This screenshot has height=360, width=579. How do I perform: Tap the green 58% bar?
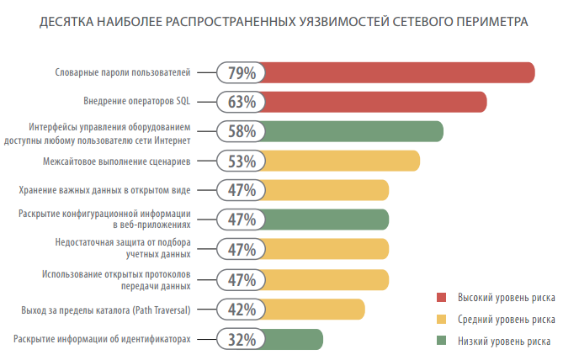pyautogui.click(x=354, y=131)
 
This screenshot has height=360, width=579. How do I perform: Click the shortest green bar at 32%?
pyautogui.click(x=295, y=339)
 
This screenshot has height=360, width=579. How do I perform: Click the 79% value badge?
pyautogui.click(x=242, y=72)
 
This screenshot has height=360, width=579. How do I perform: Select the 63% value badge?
pyautogui.click(x=242, y=102)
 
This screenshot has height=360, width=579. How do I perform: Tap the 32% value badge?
pyautogui.click(x=242, y=339)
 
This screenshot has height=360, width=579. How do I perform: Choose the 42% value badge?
pyautogui.click(x=242, y=309)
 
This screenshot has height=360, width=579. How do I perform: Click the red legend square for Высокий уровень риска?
pyautogui.click(x=441, y=298)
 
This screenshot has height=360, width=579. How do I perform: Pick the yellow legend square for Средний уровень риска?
pyautogui.click(x=441, y=320)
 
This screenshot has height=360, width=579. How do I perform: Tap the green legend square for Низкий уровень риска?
pyautogui.click(x=441, y=341)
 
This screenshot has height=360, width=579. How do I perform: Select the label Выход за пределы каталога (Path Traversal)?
pyautogui.click(x=106, y=310)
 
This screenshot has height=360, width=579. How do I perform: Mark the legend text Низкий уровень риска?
pyautogui.click(x=504, y=341)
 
